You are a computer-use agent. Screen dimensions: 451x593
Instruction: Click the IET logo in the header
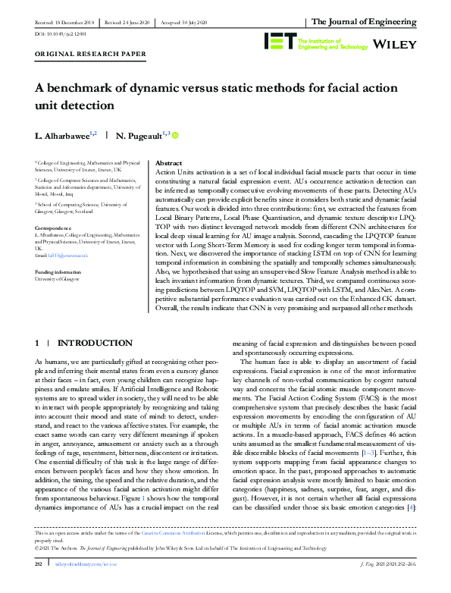pyautogui.click(x=277, y=41)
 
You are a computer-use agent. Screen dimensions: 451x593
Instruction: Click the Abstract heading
pyautogui.click(x=168, y=163)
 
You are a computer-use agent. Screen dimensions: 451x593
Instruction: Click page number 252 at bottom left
pyautogui.click(x=39, y=585)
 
